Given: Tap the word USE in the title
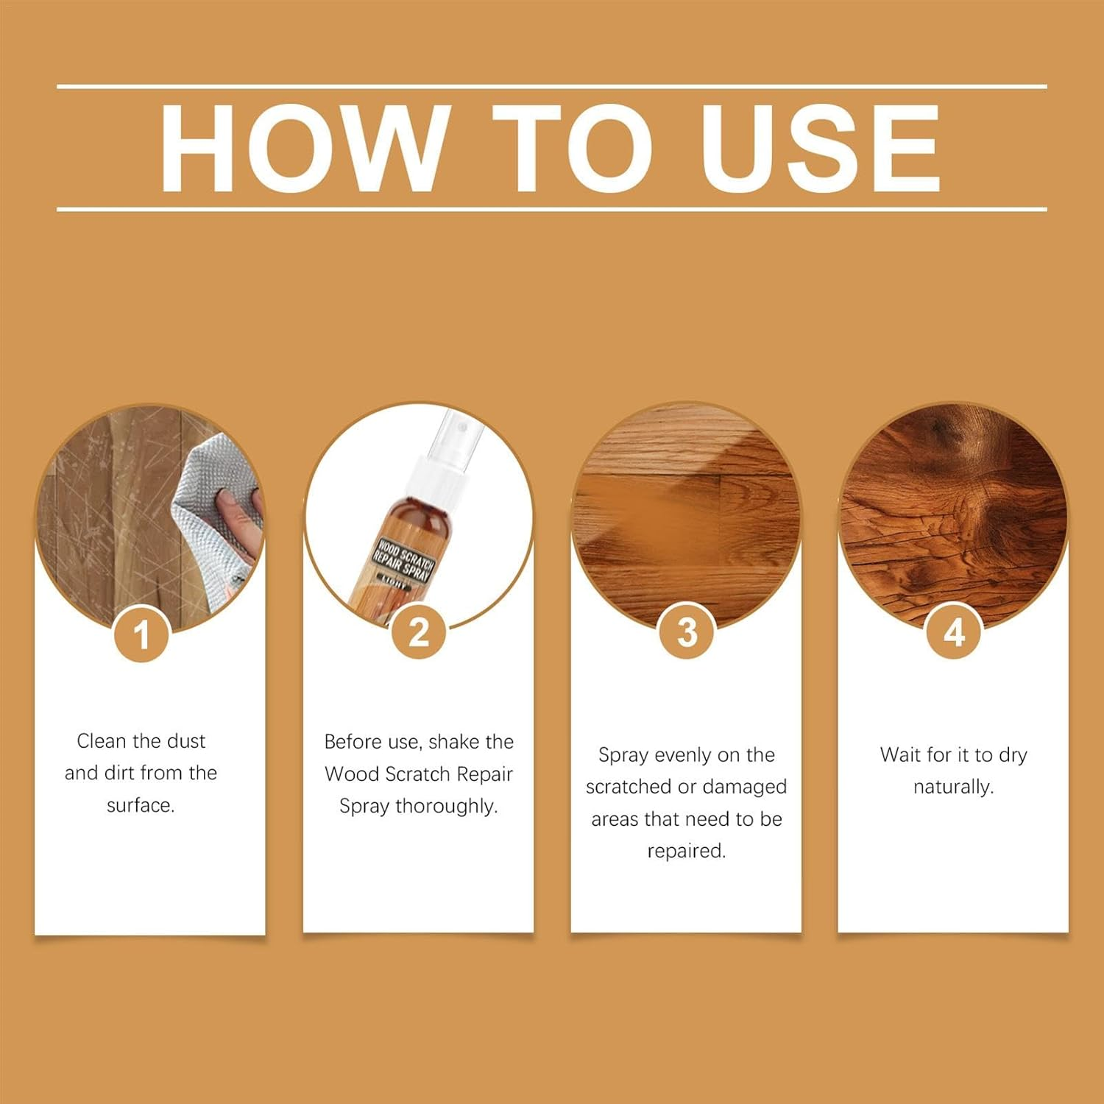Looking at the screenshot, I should tap(820, 149).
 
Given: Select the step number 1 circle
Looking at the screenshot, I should tap(141, 634).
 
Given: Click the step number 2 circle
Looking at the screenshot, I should tap(418, 632).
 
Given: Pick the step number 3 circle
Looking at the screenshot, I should tap(686, 632).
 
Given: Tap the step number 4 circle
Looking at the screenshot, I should tap(954, 632).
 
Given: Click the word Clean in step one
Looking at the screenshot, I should tap(104, 741).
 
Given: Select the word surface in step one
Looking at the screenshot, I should tap(139, 806).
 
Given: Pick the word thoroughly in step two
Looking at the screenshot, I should tap(446, 807).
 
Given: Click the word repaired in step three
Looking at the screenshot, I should tap(686, 852).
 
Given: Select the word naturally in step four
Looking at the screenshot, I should tap(953, 788).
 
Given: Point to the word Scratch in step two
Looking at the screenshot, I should tap(417, 774).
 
